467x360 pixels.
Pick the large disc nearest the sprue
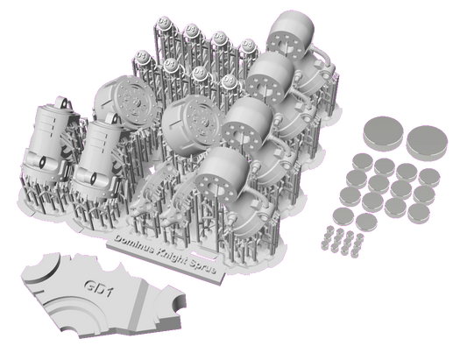pyautogui.click(x=383, y=131)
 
